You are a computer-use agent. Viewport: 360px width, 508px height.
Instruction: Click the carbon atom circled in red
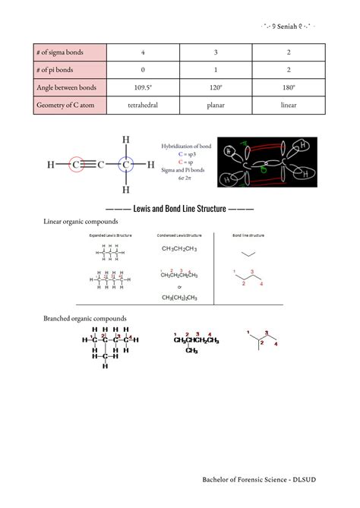pyautogui.click(x=77, y=164)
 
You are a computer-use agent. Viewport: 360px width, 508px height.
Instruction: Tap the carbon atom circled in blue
pyautogui.click(x=126, y=164)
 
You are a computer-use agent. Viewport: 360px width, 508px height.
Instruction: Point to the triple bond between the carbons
pyautogui.click(x=101, y=164)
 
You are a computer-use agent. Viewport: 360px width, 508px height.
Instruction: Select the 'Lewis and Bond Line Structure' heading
pyautogui.click(x=180, y=207)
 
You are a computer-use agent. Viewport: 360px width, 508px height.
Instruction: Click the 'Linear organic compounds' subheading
pyautogui.click(x=81, y=222)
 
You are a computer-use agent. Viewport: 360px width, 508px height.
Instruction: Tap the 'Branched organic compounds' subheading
pyautogui.click(x=85, y=318)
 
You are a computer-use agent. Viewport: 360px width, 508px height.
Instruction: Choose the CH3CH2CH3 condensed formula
pyautogui.click(x=180, y=248)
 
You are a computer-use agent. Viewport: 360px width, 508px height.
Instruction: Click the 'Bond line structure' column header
pyautogui.click(x=249, y=236)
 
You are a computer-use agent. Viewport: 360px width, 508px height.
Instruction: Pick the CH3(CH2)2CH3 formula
pyautogui.click(x=180, y=298)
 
